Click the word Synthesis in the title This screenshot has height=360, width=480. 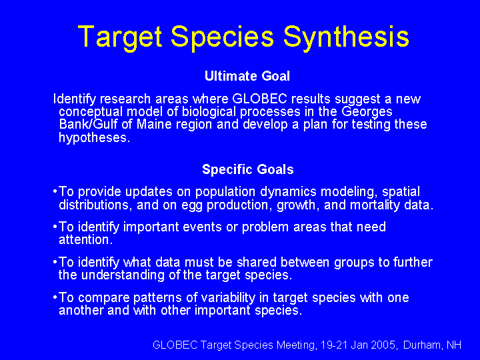[346, 37]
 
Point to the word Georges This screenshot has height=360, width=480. [367, 112]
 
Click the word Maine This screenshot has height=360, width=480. [154, 124]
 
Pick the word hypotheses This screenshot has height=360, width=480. [94, 138]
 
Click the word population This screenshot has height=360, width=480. [225, 192]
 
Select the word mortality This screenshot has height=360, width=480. [375, 205]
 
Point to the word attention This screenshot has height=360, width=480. [86, 240]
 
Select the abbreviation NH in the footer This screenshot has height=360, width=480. [454, 345]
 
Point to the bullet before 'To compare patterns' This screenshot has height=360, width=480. [55, 297]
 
